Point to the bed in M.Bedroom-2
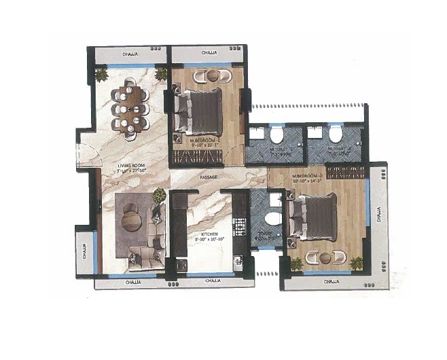314,217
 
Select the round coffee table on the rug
132,222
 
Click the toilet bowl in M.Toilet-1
276,134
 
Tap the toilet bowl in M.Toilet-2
335,134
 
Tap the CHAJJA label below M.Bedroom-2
332,281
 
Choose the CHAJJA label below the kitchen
211,280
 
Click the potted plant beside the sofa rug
159,196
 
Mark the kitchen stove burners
238,224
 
